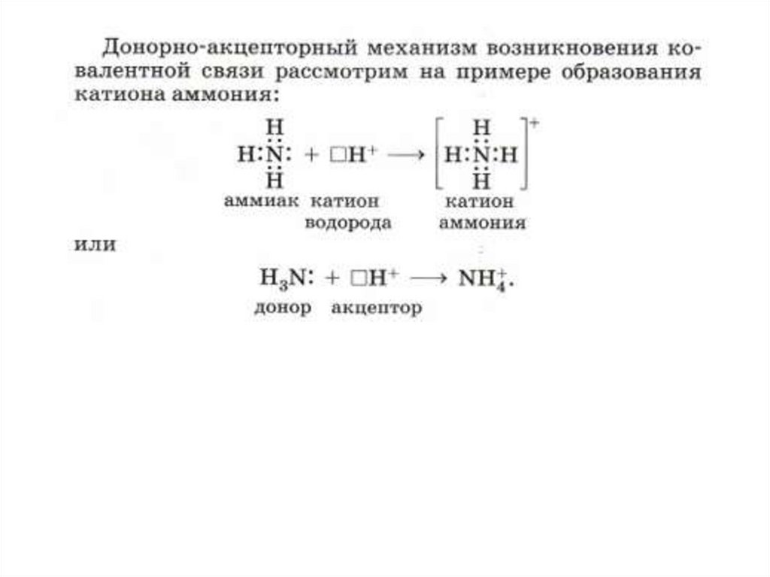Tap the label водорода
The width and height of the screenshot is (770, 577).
(348, 223)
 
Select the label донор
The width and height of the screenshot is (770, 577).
(281, 308)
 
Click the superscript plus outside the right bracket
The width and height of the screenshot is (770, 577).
(536, 122)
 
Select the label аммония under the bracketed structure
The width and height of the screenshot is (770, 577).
(483, 223)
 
